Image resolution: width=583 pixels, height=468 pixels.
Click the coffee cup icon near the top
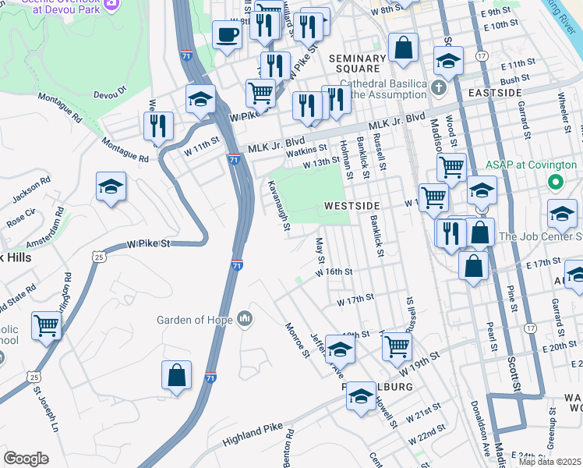(x=227, y=35)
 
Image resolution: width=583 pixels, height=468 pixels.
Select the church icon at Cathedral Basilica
(x=440, y=86)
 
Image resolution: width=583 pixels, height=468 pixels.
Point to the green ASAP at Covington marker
(x=555, y=183)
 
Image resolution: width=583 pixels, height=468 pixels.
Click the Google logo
(x=26, y=458)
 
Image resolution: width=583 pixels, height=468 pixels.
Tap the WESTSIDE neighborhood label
(x=352, y=205)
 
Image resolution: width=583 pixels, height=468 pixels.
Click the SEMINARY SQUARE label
(x=357, y=64)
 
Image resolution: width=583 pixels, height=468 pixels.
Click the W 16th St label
(x=334, y=272)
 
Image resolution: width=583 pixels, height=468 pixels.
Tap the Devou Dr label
(x=109, y=94)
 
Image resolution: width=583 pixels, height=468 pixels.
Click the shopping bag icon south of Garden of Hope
(x=177, y=374)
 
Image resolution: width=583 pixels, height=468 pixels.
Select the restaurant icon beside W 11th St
(x=158, y=125)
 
